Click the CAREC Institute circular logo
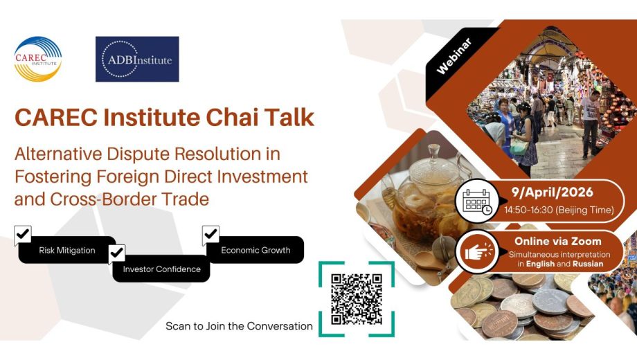(x=38, y=60)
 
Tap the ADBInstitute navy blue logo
(x=137, y=60)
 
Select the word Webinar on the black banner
(x=454, y=56)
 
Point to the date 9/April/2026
(x=552, y=192)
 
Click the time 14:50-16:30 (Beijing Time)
(x=559, y=210)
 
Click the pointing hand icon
(x=477, y=252)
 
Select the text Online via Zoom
(x=558, y=242)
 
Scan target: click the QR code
(x=357, y=299)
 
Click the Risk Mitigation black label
(x=67, y=250)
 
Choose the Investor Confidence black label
(x=161, y=269)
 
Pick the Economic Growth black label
(x=255, y=250)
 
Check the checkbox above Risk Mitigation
(x=22, y=235)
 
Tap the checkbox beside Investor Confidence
(x=116, y=253)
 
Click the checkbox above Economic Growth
(x=210, y=235)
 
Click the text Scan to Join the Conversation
(x=240, y=326)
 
